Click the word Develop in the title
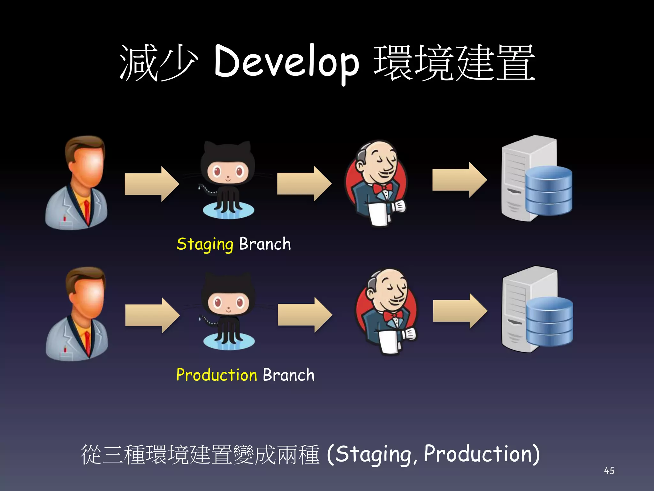point(286,62)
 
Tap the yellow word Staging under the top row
point(205,245)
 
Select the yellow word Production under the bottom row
point(217,375)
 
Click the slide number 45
point(609,471)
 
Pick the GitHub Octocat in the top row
point(228,181)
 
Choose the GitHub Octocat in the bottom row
point(228,312)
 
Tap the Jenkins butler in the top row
point(377,184)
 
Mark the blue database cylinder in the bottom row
point(549,321)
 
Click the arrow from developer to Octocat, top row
point(151,184)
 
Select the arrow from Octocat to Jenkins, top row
point(304,184)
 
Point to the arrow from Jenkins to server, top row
point(459,180)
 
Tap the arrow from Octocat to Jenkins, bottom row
point(305,315)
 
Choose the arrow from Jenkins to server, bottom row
point(460,311)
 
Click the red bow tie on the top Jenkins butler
point(382,188)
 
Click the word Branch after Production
point(288,375)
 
